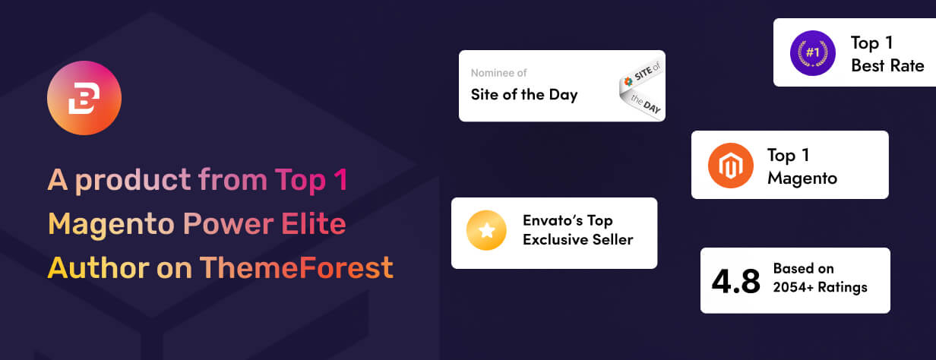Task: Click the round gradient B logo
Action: [84, 98]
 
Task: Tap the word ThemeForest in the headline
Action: [296, 267]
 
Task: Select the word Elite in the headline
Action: [314, 223]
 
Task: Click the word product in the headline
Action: [133, 181]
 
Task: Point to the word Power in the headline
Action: [229, 223]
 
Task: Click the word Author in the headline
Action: [99, 267]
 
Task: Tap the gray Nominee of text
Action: [498, 73]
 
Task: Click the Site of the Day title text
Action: [524, 95]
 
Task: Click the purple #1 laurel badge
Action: [813, 53]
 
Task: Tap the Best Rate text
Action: [887, 65]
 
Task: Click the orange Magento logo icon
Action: [731, 166]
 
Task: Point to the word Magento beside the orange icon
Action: [802, 178]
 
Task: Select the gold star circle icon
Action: [486, 230]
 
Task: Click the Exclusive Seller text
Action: [578, 239]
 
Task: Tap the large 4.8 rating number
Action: [736, 281]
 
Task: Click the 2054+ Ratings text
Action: [820, 287]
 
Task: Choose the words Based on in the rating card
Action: [804, 268]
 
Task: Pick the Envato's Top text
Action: [568, 220]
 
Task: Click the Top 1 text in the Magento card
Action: [788, 156]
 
